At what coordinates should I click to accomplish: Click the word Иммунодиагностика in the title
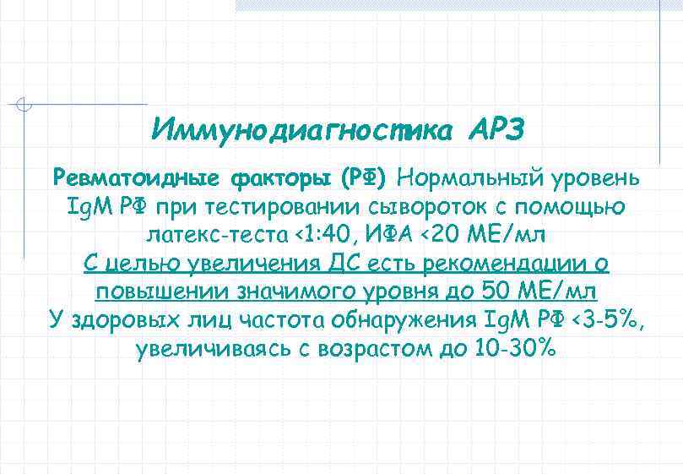click(x=301, y=130)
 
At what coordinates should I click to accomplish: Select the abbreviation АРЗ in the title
click(x=495, y=130)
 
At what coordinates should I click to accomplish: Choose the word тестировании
click(x=287, y=205)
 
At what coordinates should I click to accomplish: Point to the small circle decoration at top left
click(x=25, y=105)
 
